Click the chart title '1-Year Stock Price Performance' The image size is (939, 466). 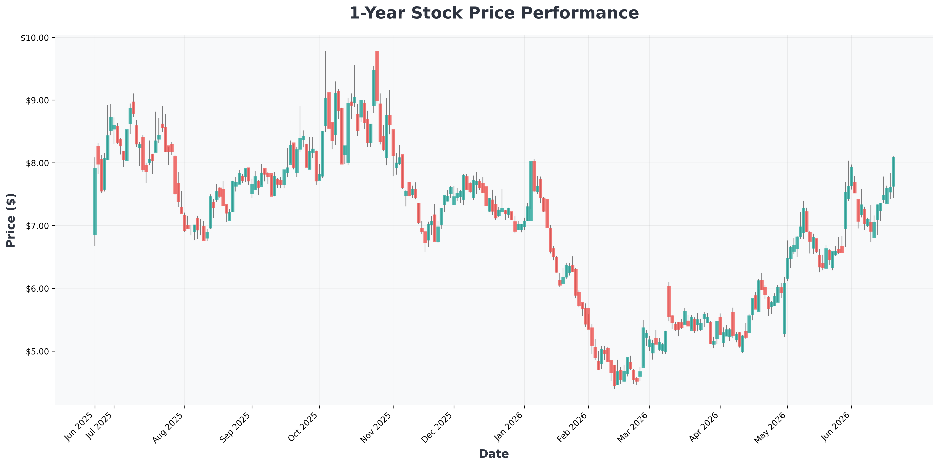click(x=494, y=13)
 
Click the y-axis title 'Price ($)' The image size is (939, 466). click(x=11, y=220)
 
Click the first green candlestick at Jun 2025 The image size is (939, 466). click(x=95, y=201)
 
